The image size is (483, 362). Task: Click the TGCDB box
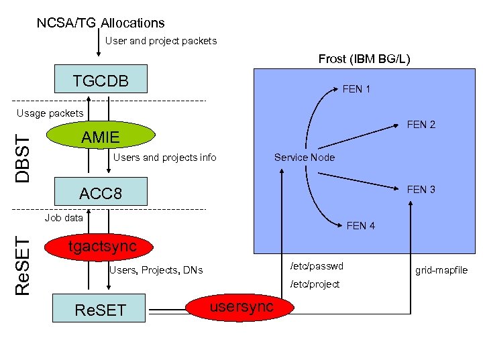click(x=101, y=81)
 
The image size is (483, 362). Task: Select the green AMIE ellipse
click(x=101, y=137)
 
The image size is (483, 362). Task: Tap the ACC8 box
click(x=101, y=193)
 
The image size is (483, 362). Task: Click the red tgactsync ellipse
click(x=102, y=247)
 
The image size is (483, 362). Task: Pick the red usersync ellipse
click(x=241, y=306)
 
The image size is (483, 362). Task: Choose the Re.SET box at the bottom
click(x=100, y=310)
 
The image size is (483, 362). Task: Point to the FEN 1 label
click(x=356, y=89)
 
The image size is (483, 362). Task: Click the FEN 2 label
click(x=421, y=124)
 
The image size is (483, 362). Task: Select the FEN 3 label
click(x=421, y=190)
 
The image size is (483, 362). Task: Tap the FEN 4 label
click(x=361, y=226)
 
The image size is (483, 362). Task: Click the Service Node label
click(x=304, y=158)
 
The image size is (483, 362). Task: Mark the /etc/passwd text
click(x=316, y=266)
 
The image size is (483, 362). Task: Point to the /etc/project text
click(x=315, y=284)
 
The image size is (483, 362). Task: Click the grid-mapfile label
click(x=441, y=271)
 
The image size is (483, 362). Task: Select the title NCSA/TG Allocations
click(x=101, y=23)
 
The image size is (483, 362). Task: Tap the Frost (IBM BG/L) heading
click(x=364, y=59)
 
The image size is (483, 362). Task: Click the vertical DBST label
click(x=23, y=156)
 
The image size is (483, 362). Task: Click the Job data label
click(x=64, y=218)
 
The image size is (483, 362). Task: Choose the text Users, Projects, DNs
click(x=155, y=270)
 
